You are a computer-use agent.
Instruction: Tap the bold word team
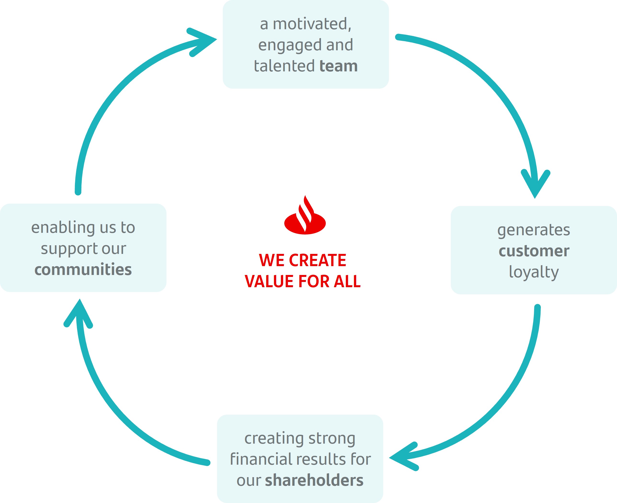click(339, 66)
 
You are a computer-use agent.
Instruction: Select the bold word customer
click(534, 251)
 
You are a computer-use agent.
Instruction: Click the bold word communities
click(83, 269)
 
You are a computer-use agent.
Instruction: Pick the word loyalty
click(534, 272)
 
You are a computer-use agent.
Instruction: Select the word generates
click(534, 230)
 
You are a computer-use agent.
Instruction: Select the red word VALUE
click(267, 281)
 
